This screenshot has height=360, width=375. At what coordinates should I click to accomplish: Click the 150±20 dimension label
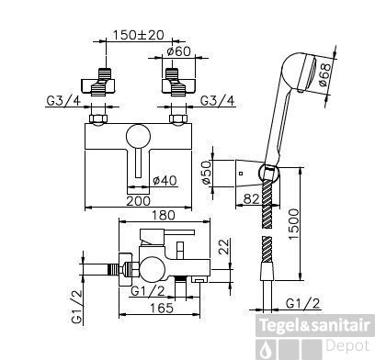(x=139, y=35)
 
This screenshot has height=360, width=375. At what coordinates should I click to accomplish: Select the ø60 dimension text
(x=178, y=51)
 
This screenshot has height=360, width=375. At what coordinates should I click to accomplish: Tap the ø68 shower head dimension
(x=324, y=74)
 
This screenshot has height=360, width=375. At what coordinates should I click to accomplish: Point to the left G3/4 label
(x=63, y=100)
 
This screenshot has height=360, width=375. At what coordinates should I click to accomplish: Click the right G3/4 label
(x=218, y=100)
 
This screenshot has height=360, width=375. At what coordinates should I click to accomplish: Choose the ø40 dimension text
(x=165, y=181)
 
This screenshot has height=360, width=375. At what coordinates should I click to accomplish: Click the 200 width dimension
(x=138, y=201)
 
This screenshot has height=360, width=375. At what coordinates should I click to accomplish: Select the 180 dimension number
(x=164, y=215)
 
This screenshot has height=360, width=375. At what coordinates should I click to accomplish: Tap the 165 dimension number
(x=162, y=308)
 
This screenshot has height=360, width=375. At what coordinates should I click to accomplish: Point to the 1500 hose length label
(x=293, y=224)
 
